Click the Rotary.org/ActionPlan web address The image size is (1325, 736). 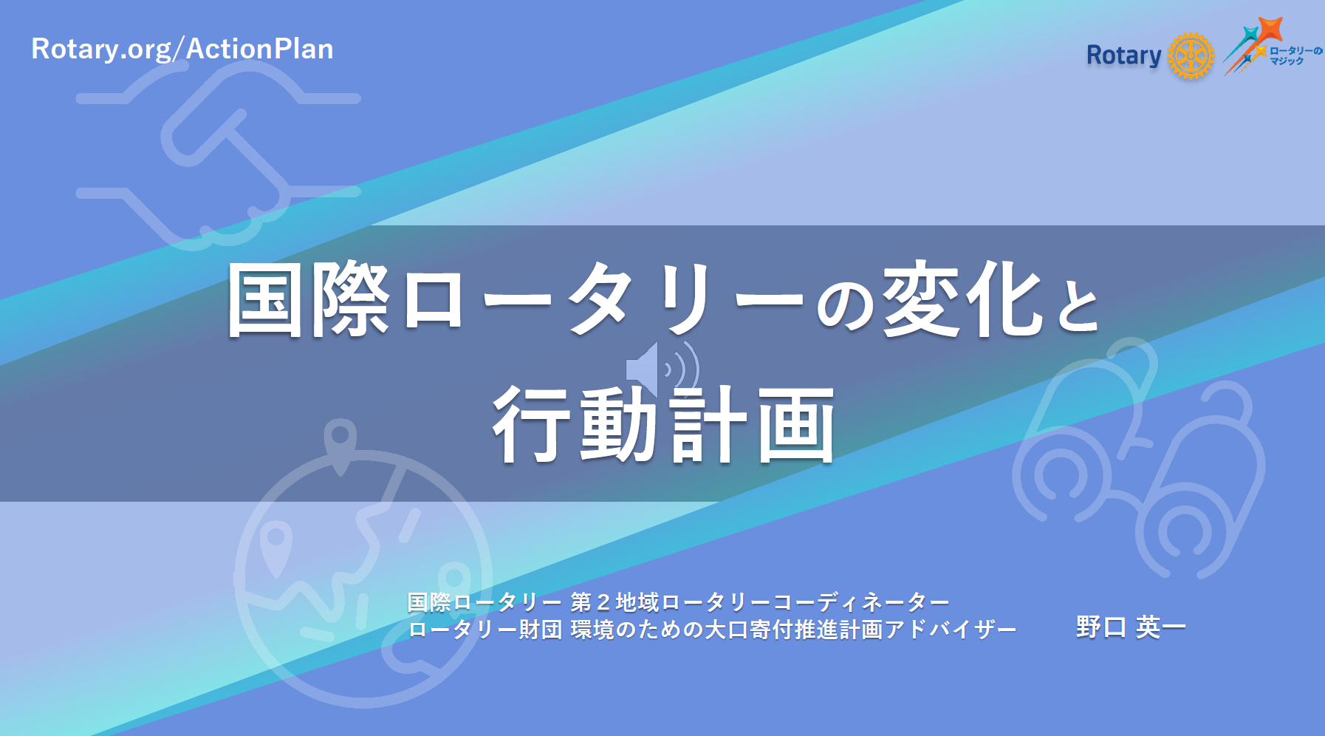pyautogui.click(x=182, y=49)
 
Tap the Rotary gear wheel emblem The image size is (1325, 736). pyautogui.click(x=1191, y=55)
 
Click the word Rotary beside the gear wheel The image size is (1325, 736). pyautogui.click(x=1123, y=56)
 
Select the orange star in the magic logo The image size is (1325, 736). pyautogui.click(x=1270, y=30)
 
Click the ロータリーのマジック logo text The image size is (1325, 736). pyautogui.click(x=1296, y=55)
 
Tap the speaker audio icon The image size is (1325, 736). pyautogui.click(x=662, y=368)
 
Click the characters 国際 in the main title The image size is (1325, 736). pyautogui.click(x=308, y=299)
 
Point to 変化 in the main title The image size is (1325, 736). pyautogui.click(x=963, y=299)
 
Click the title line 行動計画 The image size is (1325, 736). pyautogui.click(x=663, y=425)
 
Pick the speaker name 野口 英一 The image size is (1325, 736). pyautogui.click(x=1131, y=627)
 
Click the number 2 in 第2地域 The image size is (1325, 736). pyautogui.click(x=603, y=603)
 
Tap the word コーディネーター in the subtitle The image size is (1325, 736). pyautogui.click(x=860, y=603)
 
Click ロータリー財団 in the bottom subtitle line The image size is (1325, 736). pyautogui.click(x=485, y=630)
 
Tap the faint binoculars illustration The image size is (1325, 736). pyautogui.click(x=1138, y=458)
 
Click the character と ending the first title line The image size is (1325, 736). pyautogui.click(x=1078, y=304)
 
